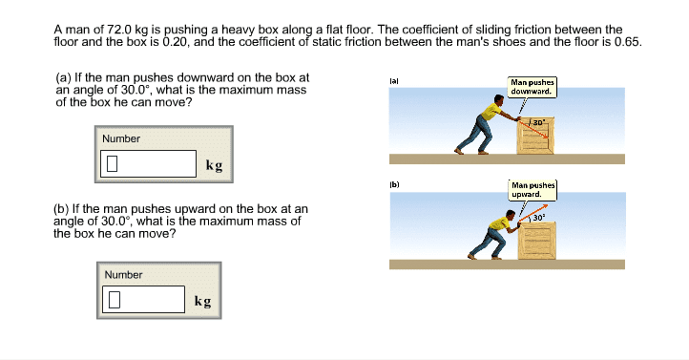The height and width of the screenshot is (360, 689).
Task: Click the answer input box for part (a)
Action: click(x=148, y=163)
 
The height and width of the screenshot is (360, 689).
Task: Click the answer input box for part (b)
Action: click(x=143, y=299)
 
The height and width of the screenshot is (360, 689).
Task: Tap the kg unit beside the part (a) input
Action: click(x=214, y=165)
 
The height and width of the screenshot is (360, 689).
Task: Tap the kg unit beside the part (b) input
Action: click(x=202, y=301)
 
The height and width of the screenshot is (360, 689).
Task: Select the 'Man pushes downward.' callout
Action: click(x=532, y=87)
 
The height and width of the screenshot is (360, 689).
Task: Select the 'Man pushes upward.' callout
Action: click(x=533, y=190)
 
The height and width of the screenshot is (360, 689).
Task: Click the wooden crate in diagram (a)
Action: click(x=535, y=136)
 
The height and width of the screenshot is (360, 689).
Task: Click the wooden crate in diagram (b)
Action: click(x=536, y=240)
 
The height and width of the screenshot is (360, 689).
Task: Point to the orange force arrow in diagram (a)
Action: click(x=533, y=128)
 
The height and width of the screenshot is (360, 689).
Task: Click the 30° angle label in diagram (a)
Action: click(x=539, y=122)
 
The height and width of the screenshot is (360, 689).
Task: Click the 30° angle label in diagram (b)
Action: click(x=539, y=217)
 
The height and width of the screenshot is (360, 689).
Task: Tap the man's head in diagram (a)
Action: click(x=499, y=99)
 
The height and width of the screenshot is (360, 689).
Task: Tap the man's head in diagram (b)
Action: click(x=511, y=215)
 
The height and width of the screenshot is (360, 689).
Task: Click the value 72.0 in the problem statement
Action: click(x=119, y=30)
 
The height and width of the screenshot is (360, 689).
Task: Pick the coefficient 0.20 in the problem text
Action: click(x=175, y=42)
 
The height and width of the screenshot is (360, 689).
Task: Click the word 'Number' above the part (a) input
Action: click(x=121, y=138)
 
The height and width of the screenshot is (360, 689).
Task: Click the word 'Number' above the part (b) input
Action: click(x=123, y=275)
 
